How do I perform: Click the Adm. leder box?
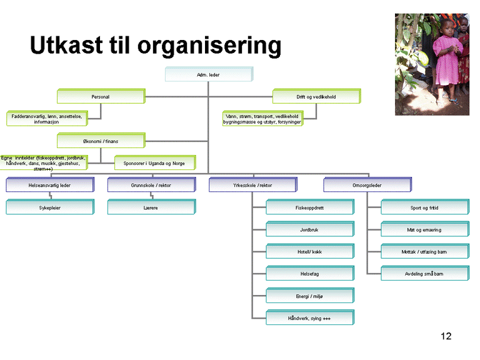208,75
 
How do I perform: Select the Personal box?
100,97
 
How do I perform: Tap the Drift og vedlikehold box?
316,97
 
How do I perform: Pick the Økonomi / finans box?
100,141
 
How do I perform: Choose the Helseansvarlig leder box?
49,185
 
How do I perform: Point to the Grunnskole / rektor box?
151,185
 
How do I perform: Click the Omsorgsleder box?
367,185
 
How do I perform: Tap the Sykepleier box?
49,207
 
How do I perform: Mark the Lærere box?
151,207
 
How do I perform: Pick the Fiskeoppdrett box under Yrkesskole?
309,207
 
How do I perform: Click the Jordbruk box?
309,229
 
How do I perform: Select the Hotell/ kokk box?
309,252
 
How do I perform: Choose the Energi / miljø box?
309,296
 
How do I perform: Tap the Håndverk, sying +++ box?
309,318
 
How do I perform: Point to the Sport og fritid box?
424,207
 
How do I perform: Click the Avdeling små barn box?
424,274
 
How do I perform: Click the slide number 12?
446,337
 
